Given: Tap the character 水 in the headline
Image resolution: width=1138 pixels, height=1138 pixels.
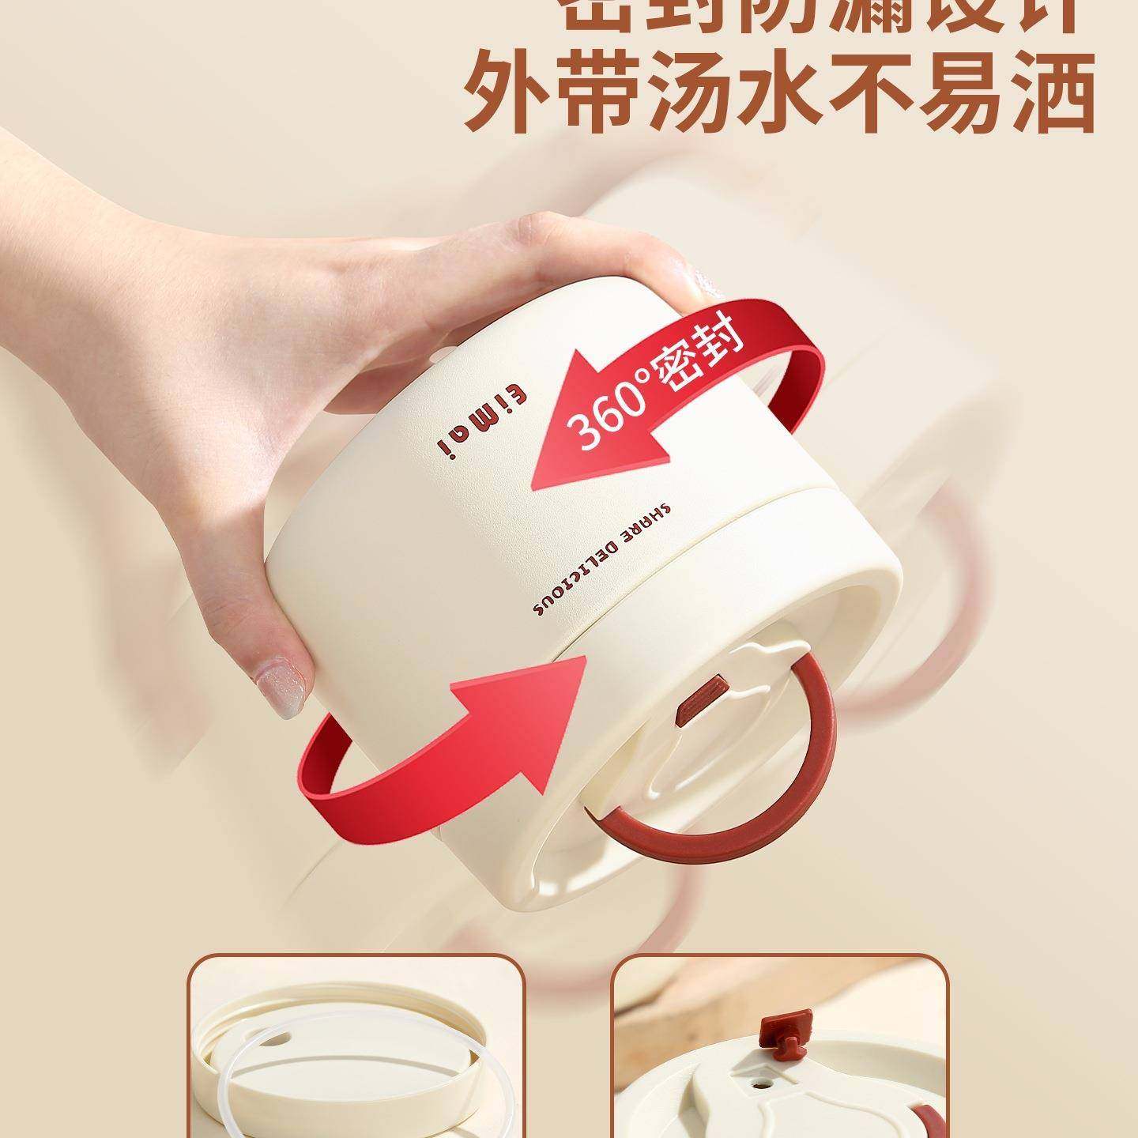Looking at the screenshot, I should (790, 92).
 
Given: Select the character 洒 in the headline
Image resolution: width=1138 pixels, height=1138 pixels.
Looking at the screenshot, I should (1046, 92).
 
